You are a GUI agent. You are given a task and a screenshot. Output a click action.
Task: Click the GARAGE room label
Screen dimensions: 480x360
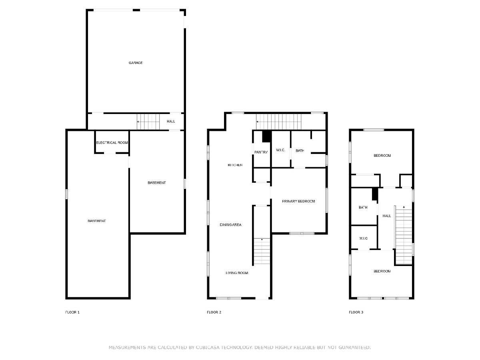pos(136,63)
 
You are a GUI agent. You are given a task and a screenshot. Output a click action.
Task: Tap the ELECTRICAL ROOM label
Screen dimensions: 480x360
pos(112,142)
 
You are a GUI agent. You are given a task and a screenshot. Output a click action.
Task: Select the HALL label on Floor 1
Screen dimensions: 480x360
pos(171,121)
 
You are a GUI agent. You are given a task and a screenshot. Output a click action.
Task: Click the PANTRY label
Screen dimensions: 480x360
pos(261,152)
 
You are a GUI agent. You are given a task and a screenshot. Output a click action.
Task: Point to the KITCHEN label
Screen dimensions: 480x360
pos(235,165)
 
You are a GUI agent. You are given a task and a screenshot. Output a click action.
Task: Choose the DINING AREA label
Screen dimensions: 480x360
pos(230,225)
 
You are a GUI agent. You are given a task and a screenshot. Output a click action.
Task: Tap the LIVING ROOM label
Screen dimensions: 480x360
pos(237,273)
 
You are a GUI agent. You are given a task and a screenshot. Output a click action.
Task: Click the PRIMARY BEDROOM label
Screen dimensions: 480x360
pos(298,201)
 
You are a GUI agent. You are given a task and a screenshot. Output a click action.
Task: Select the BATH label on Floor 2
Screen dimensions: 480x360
pos(300,151)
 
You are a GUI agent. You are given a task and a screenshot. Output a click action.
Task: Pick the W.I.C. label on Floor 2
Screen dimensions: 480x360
pos(280,150)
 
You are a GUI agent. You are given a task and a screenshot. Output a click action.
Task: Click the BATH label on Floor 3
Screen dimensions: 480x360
pos(363,207)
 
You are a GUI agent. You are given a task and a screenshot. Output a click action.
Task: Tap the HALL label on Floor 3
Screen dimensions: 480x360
pos(387,216)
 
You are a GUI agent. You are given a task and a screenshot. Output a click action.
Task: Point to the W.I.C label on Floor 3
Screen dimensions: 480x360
pos(364,238)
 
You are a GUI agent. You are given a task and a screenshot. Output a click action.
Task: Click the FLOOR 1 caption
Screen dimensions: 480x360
pos(72,312)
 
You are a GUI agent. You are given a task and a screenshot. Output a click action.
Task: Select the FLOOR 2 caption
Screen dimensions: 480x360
pos(214,312)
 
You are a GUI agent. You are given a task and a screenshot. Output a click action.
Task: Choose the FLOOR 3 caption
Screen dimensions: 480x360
pos(356,312)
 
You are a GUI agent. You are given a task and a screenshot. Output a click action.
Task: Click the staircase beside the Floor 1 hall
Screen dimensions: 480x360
pos(148,122)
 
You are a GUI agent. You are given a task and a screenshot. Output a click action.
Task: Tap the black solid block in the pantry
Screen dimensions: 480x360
pos(267,136)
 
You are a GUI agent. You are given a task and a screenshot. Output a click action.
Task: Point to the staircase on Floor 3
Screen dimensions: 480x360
pos(404,235)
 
